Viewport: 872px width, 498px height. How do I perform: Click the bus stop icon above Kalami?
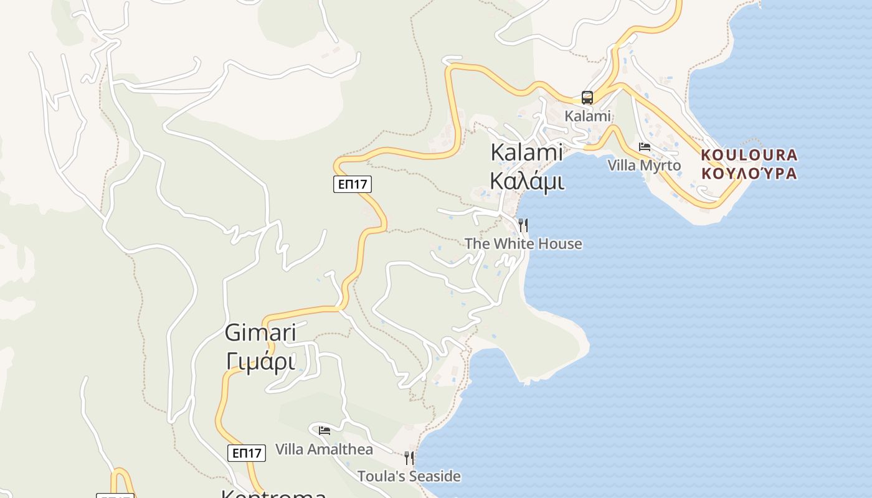[x=587, y=97]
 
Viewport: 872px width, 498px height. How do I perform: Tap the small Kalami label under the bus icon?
[x=587, y=116]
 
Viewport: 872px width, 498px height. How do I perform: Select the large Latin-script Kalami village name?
[x=526, y=153]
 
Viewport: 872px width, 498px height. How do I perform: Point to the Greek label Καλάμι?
[x=526, y=181]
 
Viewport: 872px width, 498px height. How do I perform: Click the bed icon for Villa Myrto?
[x=645, y=147]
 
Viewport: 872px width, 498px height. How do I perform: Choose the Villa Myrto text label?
[x=644, y=166]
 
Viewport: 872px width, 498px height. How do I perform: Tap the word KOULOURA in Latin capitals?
[x=749, y=154]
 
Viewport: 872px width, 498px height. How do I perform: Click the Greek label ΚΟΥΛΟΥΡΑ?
[x=749, y=173]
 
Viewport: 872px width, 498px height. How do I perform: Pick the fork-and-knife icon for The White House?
[x=523, y=225]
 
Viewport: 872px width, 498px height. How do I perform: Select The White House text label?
[x=523, y=243]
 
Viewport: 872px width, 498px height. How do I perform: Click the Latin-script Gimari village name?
[x=260, y=333]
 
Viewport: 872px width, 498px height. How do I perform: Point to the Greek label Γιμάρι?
[x=260, y=361]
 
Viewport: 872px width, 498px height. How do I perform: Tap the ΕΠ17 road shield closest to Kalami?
[x=353, y=184]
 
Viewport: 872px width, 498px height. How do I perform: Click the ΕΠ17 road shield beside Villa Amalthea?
[x=247, y=453]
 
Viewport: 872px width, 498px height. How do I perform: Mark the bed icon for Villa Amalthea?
[x=324, y=430]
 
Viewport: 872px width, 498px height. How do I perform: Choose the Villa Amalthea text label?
[x=324, y=449]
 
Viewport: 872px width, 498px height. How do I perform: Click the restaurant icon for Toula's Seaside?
[x=409, y=458]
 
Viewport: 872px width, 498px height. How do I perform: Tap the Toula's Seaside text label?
[x=409, y=477]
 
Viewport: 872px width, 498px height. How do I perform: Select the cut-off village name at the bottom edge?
[x=274, y=494]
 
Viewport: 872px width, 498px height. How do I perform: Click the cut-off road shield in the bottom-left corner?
[x=115, y=496]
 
